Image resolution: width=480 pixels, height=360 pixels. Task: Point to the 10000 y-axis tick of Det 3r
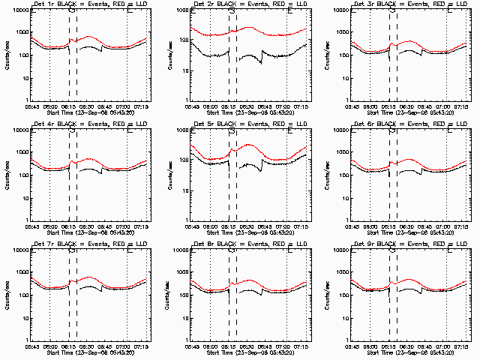point(346,11)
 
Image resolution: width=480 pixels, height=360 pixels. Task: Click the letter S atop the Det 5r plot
point(232,133)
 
